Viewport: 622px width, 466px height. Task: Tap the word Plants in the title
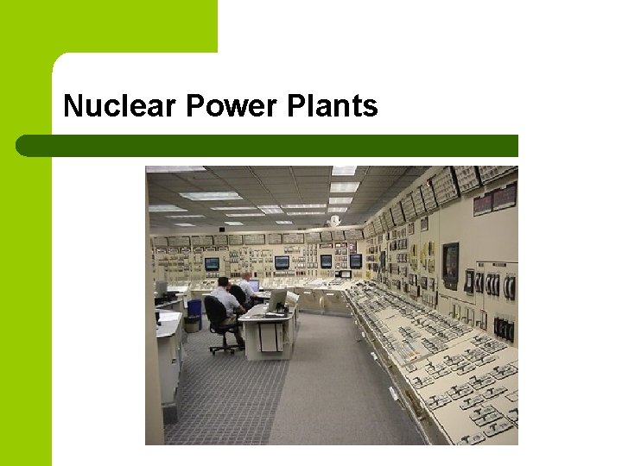pyautogui.click(x=333, y=106)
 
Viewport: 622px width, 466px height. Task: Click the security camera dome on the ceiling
pyautogui.click(x=334, y=221)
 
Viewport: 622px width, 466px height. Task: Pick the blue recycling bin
pyautogui.click(x=194, y=309)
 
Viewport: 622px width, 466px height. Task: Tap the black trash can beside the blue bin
pyautogui.click(x=192, y=324)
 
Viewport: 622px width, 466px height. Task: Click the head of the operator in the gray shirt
pyautogui.click(x=223, y=283)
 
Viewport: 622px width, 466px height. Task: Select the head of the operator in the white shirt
pyautogui.click(x=246, y=277)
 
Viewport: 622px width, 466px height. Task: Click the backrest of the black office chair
pyautogui.click(x=215, y=312)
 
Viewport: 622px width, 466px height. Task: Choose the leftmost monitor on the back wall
pyautogui.click(x=212, y=264)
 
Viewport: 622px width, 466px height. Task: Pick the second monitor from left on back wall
pyautogui.click(x=282, y=262)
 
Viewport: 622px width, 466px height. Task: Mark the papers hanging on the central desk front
pyautogui.click(x=269, y=337)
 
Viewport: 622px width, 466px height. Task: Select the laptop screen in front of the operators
pyautogui.click(x=253, y=286)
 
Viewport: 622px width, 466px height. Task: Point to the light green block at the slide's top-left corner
pyautogui.click(x=108, y=26)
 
